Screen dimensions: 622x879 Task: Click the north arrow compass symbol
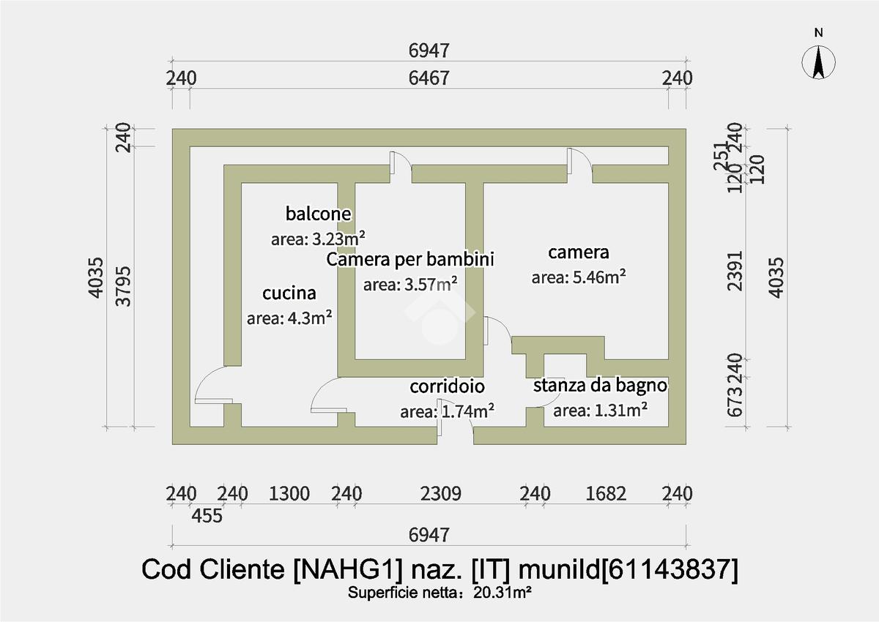coord(820,61)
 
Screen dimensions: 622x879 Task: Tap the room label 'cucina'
coord(289,293)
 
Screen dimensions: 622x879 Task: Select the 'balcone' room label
coord(319,214)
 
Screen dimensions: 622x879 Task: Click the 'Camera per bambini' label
coord(410,259)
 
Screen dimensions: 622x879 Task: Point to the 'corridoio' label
coord(447,386)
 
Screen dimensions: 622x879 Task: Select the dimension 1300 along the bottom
coord(289,493)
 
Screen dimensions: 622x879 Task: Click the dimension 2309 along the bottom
coord(440,493)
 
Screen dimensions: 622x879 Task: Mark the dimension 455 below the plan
coord(207,515)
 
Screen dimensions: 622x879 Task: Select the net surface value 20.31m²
coord(502,593)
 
